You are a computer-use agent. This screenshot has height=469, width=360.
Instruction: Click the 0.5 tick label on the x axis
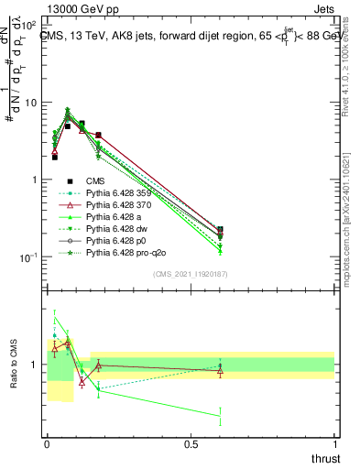pyautogui.click(x=191, y=443)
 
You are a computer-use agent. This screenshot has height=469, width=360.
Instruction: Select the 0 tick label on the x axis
pyautogui.click(x=47, y=443)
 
